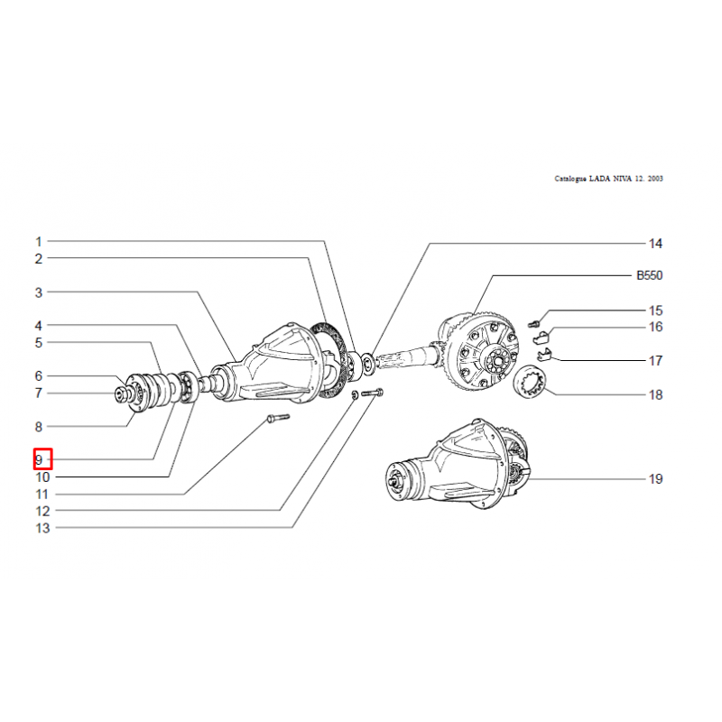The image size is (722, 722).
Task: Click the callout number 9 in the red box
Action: pos(39,459)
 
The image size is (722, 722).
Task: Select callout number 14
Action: pos(655,244)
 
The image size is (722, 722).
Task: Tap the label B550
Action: pos(649,275)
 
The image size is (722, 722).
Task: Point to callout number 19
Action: pos(655,479)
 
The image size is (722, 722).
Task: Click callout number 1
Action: pos(39,241)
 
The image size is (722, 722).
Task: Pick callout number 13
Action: pos(42,528)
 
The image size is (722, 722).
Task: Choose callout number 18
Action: pos(655,394)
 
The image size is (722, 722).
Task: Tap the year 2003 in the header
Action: pos(655,179)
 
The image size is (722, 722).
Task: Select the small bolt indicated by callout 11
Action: pos(278,419)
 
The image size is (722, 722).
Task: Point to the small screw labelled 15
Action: pos(533,324)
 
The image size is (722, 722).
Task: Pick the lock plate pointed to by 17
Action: pos(545,355)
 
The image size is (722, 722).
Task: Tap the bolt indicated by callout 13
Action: pos(373,393)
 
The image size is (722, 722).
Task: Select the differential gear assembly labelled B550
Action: pos(476,352)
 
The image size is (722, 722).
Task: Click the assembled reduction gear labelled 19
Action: pos(458,464)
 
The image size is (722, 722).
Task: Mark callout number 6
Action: pos(39,376)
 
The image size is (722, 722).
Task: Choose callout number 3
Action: pos(39,292)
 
